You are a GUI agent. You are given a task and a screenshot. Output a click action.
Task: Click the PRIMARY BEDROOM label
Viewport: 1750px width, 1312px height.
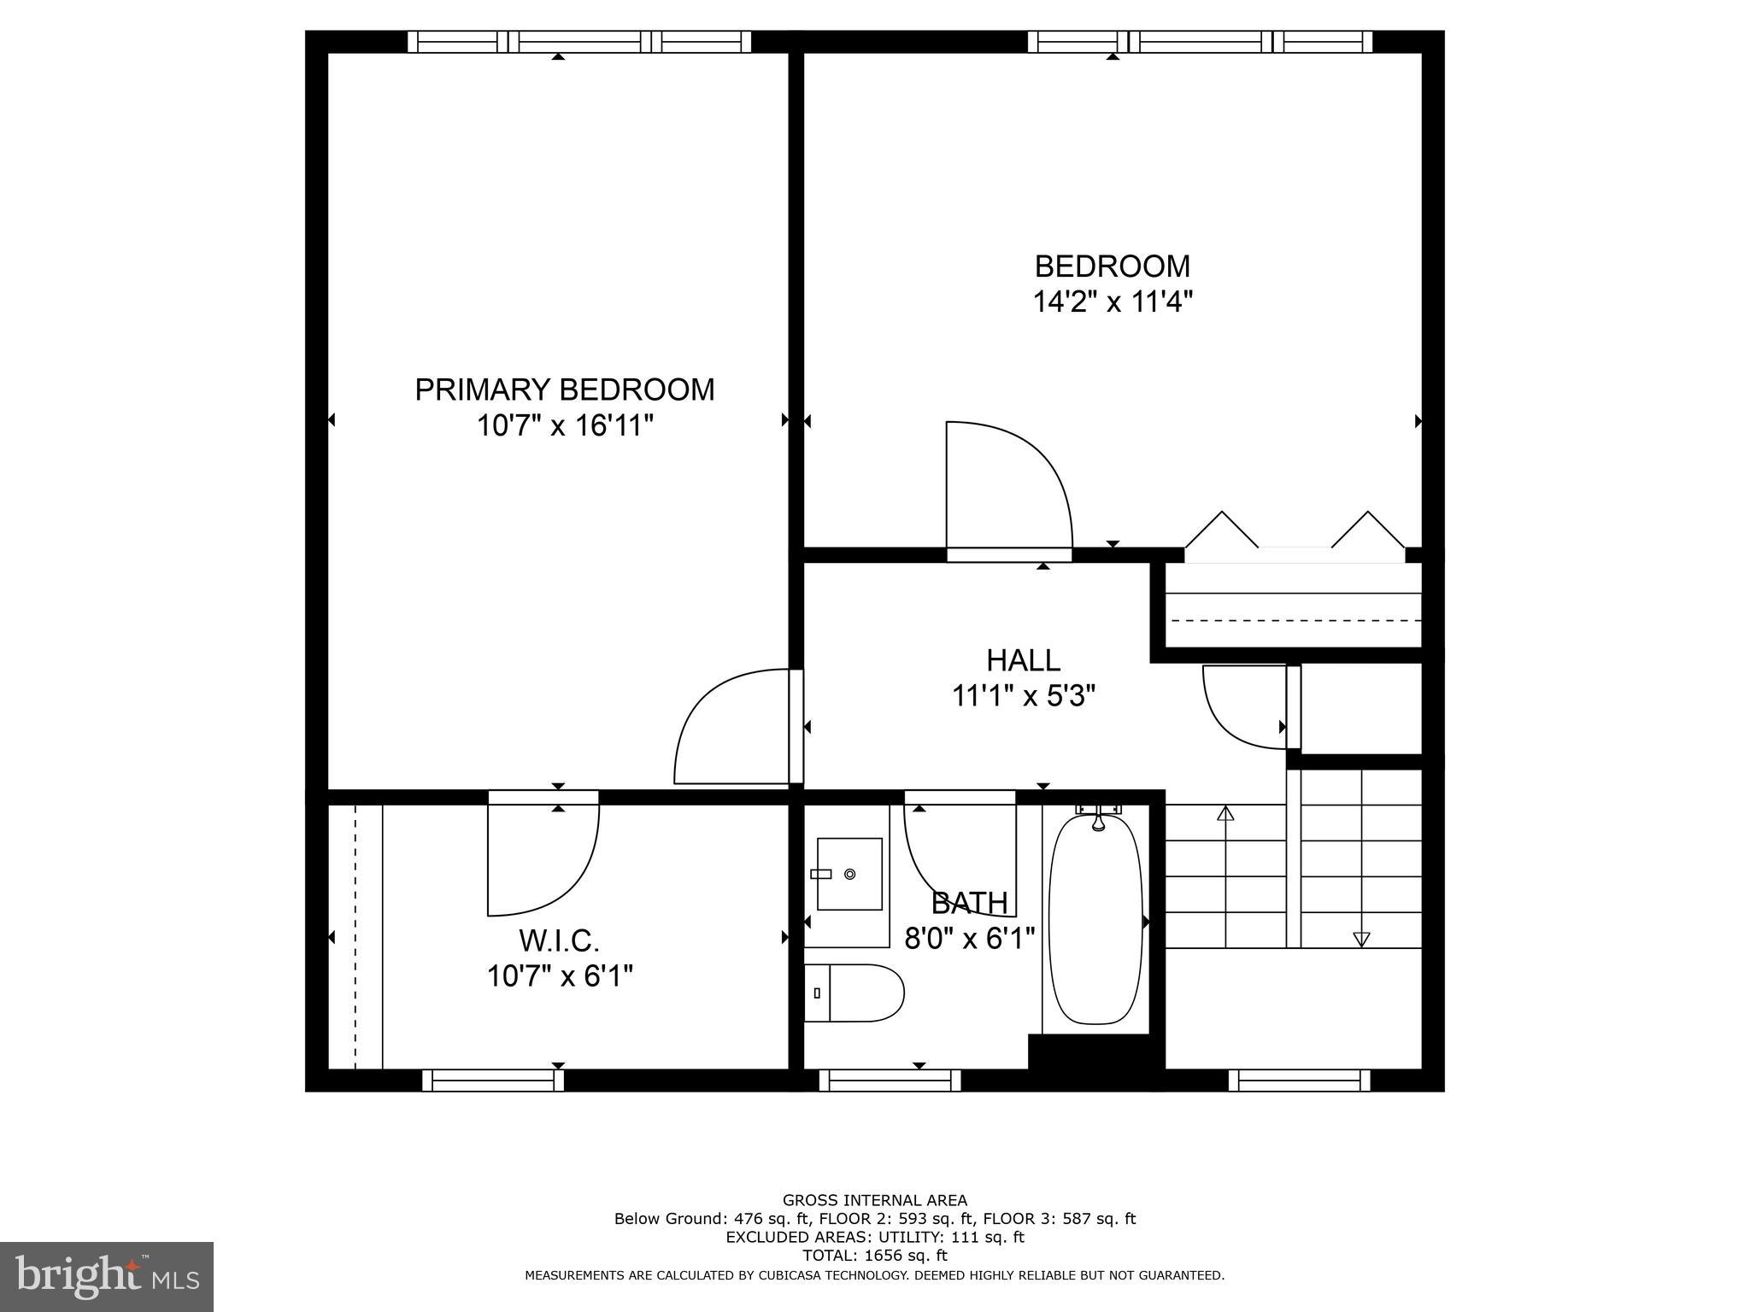click(x=564, y=389)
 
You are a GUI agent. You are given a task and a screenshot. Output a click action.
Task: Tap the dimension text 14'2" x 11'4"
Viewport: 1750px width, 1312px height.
click(x=1113, y=302)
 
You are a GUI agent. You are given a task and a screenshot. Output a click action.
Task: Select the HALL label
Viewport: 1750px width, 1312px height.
click(x=1023, y=660)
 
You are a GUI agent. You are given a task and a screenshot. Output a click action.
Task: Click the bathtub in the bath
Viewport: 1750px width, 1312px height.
click(x=1095, y=920)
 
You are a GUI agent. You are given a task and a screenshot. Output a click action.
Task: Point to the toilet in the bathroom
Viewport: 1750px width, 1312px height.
click(x=854, y=993)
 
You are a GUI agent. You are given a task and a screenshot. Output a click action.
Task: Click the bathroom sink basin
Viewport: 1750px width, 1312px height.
click(x=849, y=874)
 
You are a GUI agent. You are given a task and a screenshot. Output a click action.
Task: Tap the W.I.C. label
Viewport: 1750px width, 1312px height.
click(x=559, y=940)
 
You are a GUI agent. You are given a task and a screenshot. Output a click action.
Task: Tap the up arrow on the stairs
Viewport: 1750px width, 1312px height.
click(x=1225, y=813)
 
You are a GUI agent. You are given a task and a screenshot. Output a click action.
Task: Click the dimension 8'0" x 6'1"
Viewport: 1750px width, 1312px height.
click(x=970, y=939)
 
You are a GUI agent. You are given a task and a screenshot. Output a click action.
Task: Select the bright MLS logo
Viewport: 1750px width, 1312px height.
click(x=106, y=1276)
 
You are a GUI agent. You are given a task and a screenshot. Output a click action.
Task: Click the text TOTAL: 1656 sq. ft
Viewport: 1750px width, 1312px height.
click(x=874, y=1256)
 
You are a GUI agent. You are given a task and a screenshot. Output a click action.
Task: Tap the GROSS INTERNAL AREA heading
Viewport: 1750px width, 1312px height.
click(x=874, y=1200)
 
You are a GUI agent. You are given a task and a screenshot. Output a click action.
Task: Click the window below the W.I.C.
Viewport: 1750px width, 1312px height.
click(x=493, y=1081)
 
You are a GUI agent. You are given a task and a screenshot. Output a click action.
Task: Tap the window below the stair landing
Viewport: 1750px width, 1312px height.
click(x=1299, y=1081)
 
